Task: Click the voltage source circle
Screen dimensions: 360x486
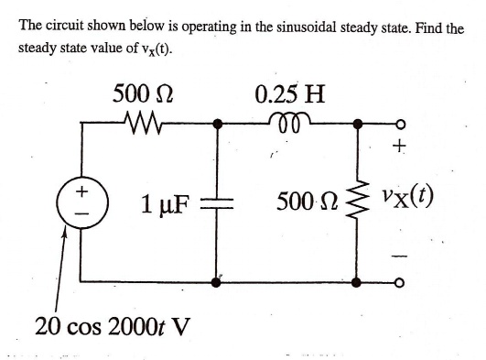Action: click(x=81, y=202)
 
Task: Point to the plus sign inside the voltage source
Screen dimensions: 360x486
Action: click(x=81, y=191)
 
